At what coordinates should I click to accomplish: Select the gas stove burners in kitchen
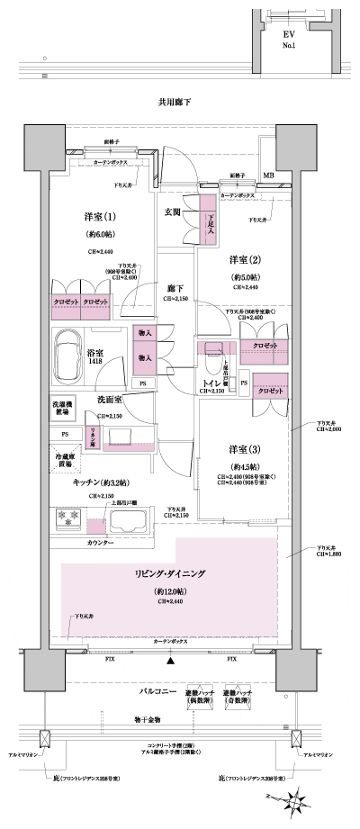coord(69,519)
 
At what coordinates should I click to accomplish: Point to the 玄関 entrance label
coord(172,212)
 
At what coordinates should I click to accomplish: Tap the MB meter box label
coord(268,176)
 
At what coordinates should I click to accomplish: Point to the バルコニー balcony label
coord(157,694)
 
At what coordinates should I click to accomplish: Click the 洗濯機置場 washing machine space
coord(62,408)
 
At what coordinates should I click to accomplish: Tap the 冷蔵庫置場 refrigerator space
coord(62,457)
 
